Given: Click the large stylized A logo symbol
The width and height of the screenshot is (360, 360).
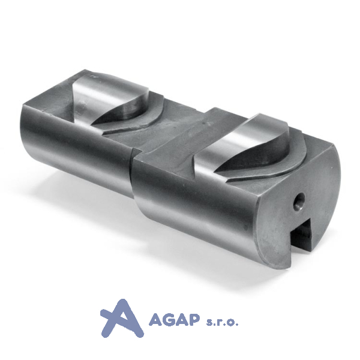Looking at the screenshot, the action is (122, 318).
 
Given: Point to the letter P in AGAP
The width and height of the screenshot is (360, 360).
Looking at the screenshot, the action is (191, 320).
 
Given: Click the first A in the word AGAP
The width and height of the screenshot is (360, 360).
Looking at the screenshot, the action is (154, 320).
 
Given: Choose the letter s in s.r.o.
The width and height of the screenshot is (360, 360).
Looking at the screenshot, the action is (210, 323).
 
